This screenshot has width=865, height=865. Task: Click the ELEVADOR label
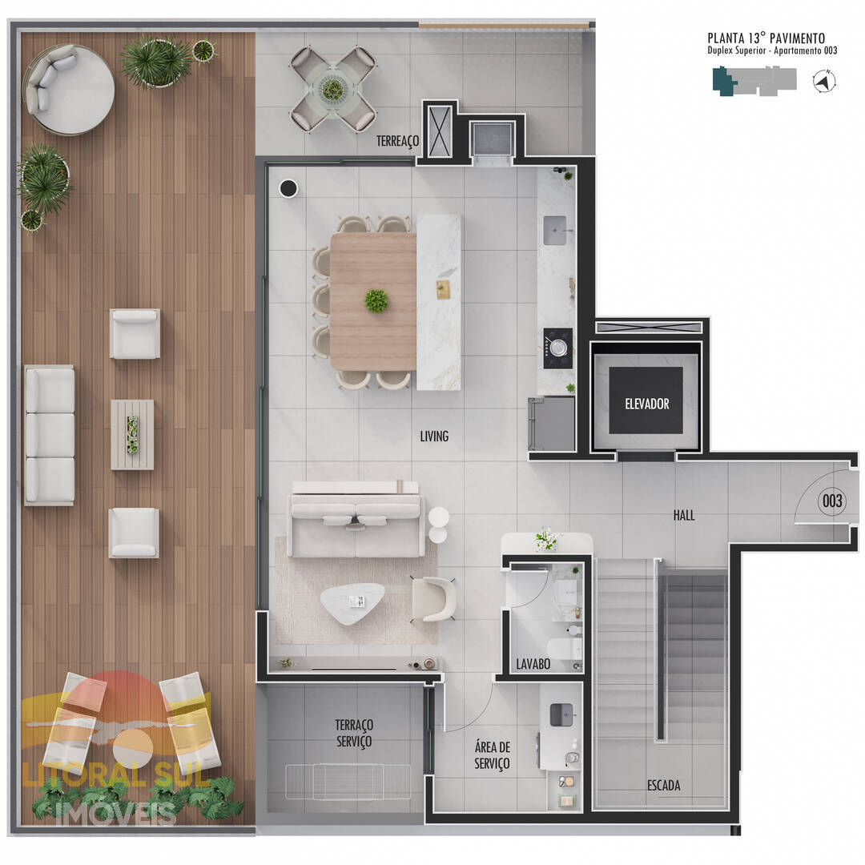(x=646, y=404)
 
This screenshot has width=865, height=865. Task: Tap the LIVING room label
(x=434, y=437)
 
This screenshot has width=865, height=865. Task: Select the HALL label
(x=683, y=515)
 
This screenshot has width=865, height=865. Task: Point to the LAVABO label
(x=533, y=664)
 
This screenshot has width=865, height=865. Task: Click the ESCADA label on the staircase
(x=663, y=785)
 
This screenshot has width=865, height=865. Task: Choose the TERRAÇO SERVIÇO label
(x=354, y=733)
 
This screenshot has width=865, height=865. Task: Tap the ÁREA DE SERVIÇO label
(x=492, y=755)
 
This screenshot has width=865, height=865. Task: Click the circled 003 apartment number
(x=832, y=501)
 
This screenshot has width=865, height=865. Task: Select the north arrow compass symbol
(x=824, y=82)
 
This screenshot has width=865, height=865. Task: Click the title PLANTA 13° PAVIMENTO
(x=766, y=38)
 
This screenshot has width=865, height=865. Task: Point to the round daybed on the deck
(x=69, y=90)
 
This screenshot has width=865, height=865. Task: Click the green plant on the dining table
(x=376, y=301)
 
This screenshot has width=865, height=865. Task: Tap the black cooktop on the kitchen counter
(x=557, y=348)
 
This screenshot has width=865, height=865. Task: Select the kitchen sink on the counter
(x=555, y=231)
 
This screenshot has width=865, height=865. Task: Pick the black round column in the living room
(x=288, y=189)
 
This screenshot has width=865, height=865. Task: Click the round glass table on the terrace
(x=332, y=89)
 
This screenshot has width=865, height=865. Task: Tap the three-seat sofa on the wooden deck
(x=50, y=435)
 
